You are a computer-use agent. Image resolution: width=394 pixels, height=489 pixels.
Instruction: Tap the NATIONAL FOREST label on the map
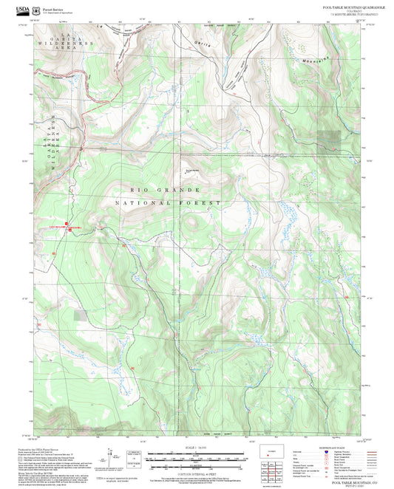pyautogui.click(x=168, y=202)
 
